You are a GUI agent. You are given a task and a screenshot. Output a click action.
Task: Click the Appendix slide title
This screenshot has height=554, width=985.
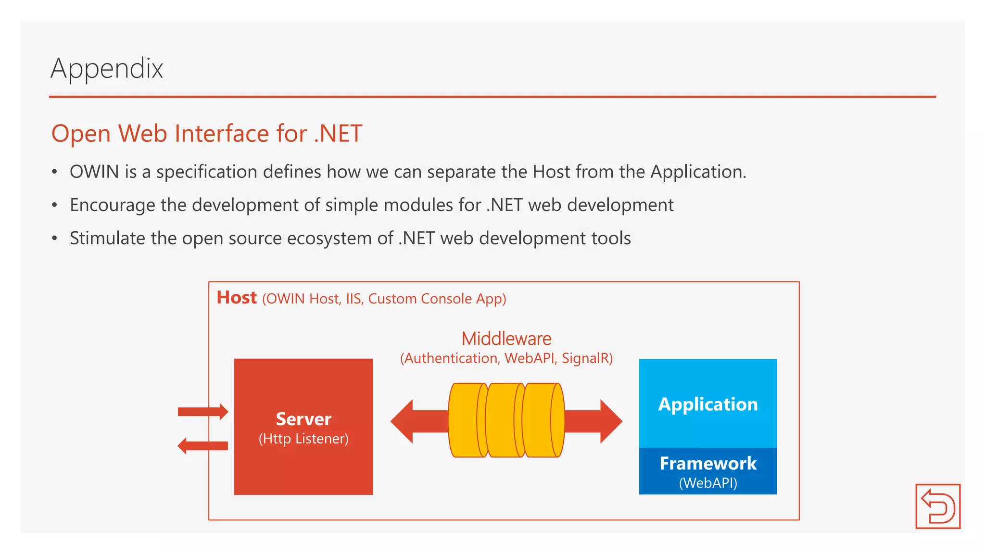(107, 69)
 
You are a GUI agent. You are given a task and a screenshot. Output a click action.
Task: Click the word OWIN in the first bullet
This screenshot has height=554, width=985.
(94, 172)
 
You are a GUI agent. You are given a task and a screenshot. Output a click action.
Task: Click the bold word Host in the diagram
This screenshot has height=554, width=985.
(237, 298)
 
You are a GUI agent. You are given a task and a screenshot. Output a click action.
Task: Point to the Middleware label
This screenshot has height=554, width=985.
(506, 339)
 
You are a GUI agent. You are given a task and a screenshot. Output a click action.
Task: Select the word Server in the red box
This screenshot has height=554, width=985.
(303, 419)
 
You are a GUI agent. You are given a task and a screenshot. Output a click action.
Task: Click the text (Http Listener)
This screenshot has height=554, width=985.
(303, 439)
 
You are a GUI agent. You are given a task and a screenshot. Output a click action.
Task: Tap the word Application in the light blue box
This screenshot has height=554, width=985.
(707, 404)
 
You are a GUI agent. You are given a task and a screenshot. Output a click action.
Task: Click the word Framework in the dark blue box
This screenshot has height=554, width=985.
(707, 464)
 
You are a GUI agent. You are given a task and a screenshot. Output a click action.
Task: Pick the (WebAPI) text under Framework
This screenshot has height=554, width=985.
(707, 483)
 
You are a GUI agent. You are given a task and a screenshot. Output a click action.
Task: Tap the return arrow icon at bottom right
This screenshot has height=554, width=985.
(937, 506)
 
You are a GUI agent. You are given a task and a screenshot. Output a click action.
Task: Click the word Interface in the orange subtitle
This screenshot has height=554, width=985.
(222, 134)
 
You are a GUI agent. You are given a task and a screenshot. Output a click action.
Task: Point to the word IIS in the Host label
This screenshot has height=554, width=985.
(353, 299)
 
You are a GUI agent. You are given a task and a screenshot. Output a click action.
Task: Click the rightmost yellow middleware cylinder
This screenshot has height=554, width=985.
(543, 420)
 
